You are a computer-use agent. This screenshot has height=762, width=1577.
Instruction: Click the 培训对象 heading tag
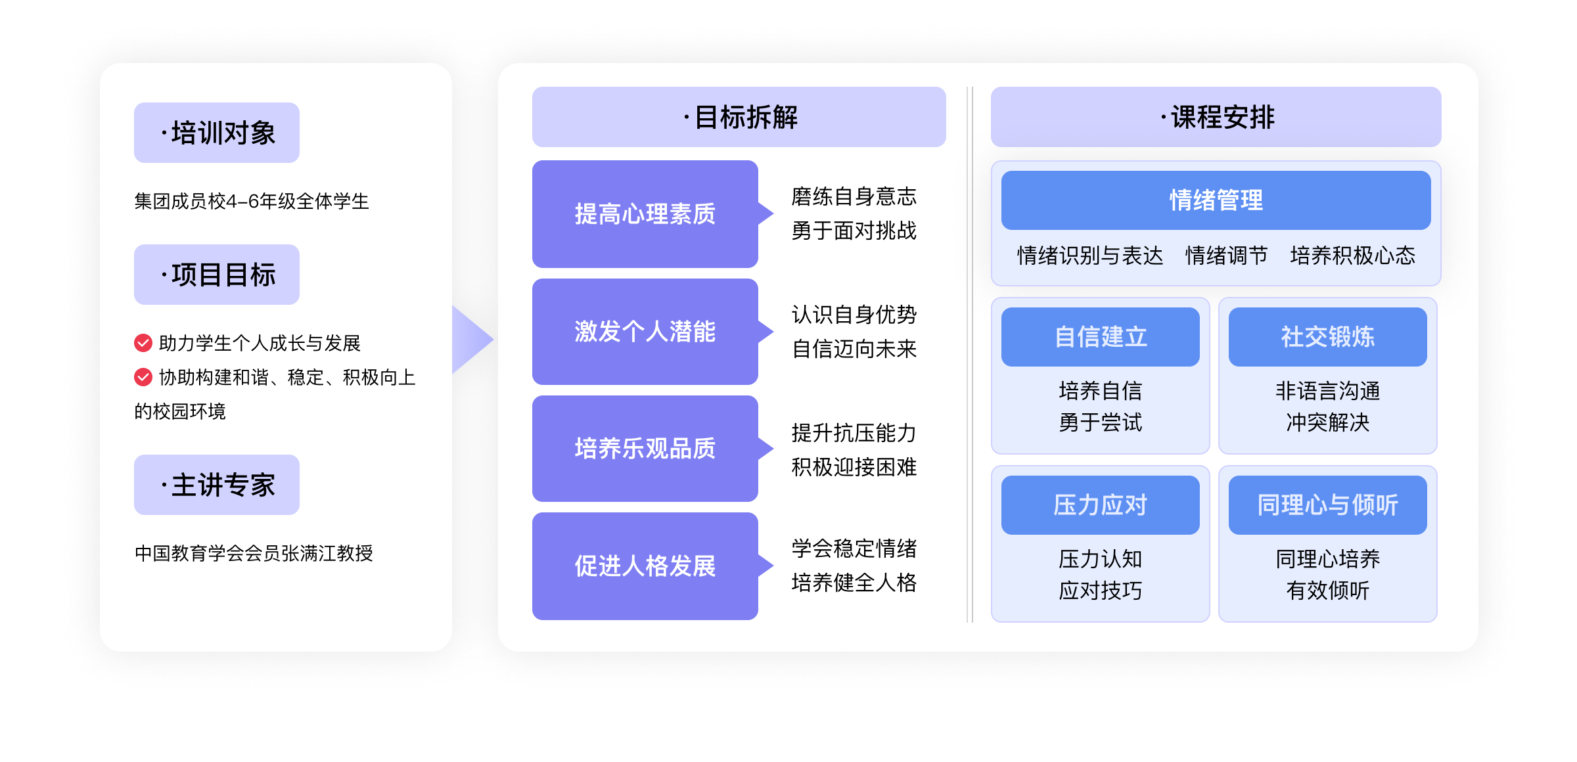point(217,133)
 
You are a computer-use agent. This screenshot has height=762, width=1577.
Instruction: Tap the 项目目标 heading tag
point(217,275)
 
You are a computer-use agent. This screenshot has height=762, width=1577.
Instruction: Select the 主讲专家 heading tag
point(217,485)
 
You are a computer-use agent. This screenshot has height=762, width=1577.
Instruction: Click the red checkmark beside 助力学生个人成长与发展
point(143,342)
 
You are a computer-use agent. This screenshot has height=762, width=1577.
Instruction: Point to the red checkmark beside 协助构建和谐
point(143,377)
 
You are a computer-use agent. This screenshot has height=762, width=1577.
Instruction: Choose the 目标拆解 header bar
point(739,117)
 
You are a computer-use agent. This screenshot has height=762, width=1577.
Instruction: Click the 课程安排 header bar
point(1216,117)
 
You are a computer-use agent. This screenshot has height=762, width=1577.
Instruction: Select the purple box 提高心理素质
point(645,214)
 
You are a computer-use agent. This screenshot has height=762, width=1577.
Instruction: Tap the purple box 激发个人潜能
point(645,332)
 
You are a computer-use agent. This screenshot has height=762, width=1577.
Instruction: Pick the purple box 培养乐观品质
point(645,449)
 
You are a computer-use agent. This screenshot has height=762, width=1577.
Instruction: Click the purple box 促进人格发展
point(645,566)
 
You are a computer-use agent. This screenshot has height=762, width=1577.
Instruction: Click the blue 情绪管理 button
point(1216,200)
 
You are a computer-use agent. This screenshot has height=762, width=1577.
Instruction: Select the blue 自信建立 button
point(1100,337)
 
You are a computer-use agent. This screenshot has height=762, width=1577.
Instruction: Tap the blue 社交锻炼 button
point(1327,337)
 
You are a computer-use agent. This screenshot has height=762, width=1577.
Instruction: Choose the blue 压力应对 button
point(1100,505)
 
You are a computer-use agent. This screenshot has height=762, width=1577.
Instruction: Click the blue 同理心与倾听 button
point(1327,505)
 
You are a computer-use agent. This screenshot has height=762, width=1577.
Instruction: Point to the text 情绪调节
point(1226,256)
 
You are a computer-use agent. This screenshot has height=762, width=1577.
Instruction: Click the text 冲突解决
point(1327,422)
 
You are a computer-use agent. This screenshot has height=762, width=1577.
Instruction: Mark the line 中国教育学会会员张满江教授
point(254,553)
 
